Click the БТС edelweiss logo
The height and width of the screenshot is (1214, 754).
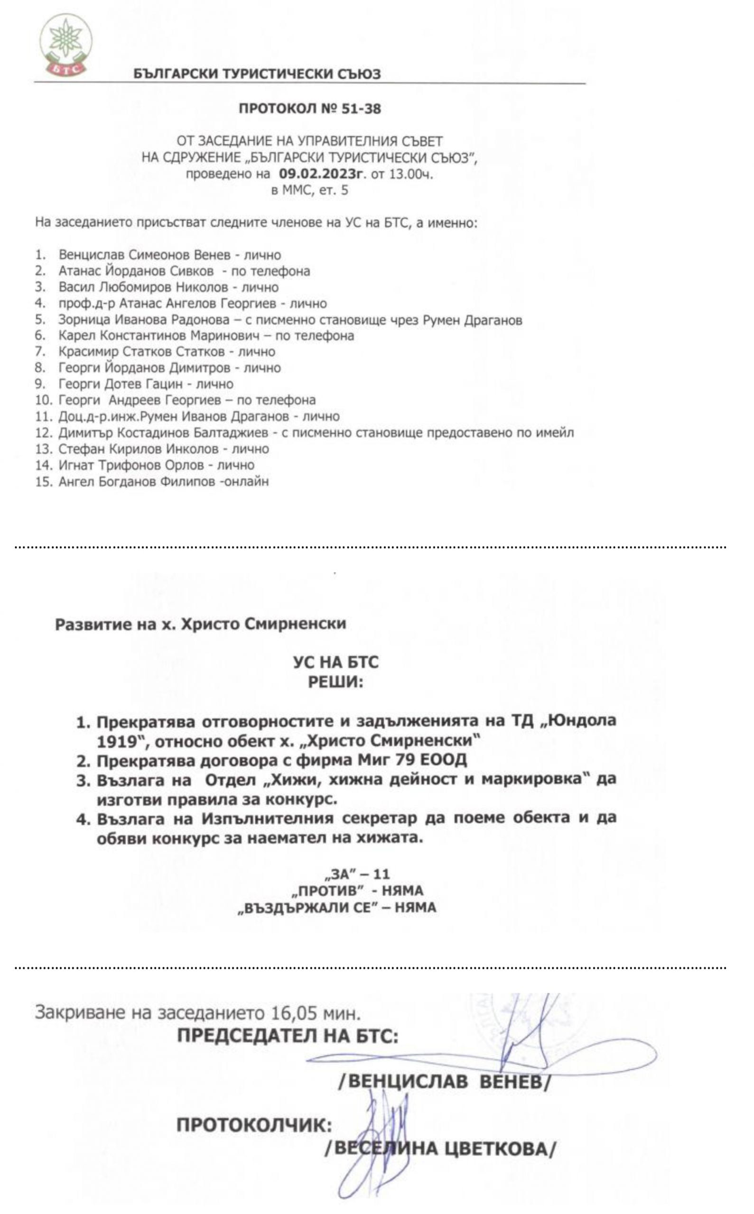[x=66, y=45]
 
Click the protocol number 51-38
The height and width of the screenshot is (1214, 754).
[x=361, y=109]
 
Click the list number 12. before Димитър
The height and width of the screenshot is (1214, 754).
[x=43, y=433]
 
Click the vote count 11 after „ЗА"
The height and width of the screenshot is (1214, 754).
[x=381, y=874]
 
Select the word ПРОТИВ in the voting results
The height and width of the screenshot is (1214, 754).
[x=332, y=891]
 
